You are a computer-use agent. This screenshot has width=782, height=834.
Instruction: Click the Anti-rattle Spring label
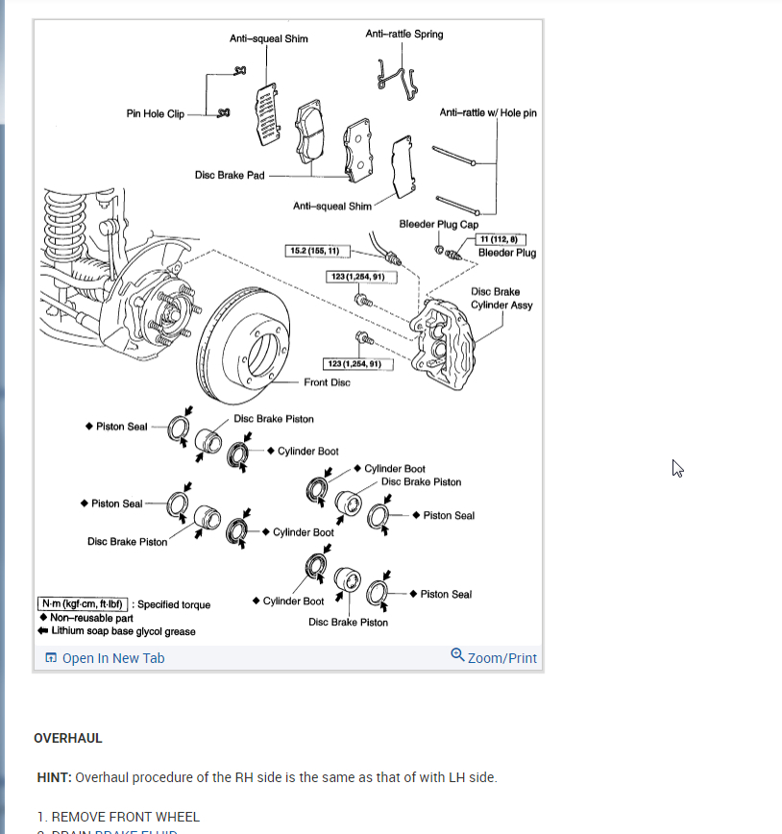[404, 35]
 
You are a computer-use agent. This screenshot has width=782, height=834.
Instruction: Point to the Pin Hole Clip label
[155, 113]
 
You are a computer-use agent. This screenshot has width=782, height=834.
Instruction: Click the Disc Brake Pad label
[229, 175]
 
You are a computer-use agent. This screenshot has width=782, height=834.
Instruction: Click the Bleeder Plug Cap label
[438, 224]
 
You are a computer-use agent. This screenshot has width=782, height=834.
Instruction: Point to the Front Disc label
[327, 382]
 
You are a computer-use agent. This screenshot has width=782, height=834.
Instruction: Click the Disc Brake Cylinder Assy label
[501, 298]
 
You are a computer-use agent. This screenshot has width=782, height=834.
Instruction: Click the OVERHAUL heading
[68, 739]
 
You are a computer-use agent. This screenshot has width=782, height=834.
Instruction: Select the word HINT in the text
[54, 777]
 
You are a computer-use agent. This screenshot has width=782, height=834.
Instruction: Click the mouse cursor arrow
[677, 468]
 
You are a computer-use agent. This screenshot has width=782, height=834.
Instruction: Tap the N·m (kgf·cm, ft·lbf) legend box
[83, 604]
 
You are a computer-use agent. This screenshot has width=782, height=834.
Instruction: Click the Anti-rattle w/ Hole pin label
[488, 112]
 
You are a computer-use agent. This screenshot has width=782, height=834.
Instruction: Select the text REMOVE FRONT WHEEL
[126, 817]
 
